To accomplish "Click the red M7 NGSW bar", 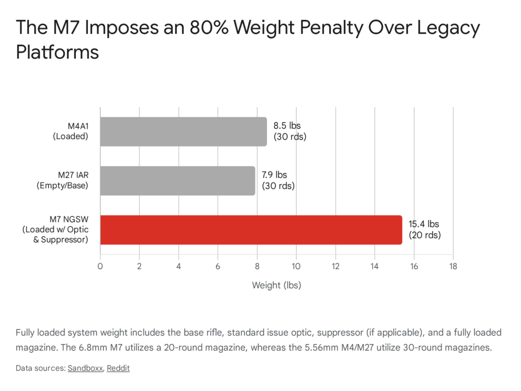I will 251,230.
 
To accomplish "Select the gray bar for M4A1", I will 183,132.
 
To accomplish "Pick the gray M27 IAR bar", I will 177,181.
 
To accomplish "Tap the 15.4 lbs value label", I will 425,230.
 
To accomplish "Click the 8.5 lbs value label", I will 290,132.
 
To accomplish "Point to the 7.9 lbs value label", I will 278,181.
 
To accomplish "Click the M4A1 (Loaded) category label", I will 72,132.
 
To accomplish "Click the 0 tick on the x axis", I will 100,266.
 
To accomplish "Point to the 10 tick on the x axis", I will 296,266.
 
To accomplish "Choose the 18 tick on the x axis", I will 453,266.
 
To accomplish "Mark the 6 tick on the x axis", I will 218,266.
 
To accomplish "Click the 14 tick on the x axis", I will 374,266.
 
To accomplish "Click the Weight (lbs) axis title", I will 276,286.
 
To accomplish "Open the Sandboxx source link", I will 85,368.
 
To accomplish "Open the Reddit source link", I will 118,368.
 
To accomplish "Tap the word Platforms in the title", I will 57,51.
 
